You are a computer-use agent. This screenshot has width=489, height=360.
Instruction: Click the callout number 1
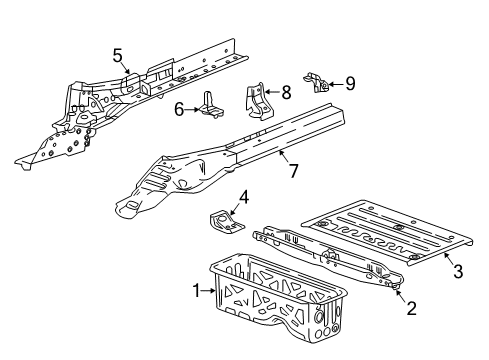tap(196, 291)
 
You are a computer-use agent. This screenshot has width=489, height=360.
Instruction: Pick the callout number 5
tap(117, 55)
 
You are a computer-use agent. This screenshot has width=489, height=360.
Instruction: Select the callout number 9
tap(350, 83)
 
